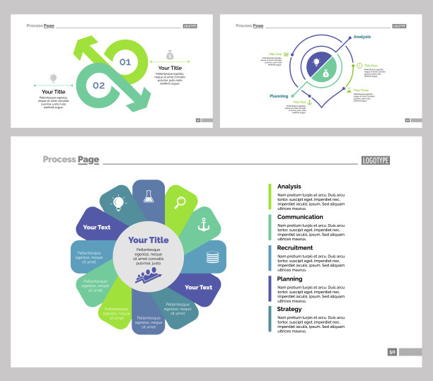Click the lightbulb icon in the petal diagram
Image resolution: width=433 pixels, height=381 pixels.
118,203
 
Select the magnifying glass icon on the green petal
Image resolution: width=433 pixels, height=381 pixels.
180,203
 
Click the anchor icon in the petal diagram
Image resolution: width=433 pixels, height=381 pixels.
204,225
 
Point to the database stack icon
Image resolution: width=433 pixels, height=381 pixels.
212,257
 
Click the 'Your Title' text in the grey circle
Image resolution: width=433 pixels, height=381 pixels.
149,240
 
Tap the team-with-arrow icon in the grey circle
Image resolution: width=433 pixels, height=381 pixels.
148,275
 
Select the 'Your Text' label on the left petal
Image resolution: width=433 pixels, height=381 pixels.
96,228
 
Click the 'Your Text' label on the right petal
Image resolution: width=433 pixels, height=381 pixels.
198,288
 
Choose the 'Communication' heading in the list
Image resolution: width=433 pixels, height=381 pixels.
300,218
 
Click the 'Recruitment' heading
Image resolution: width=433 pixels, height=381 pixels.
296,248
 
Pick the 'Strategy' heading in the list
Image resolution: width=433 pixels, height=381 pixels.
289,309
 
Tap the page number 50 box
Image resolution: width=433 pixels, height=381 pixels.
392,351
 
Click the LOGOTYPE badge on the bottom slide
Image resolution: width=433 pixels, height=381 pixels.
375,160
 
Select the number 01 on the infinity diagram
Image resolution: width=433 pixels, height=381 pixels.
125,62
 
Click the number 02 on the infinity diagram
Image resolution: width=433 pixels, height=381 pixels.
98,86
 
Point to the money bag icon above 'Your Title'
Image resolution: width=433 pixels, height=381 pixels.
170,55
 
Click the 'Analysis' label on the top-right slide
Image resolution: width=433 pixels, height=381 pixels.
362,37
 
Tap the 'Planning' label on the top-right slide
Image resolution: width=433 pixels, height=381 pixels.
279,95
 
